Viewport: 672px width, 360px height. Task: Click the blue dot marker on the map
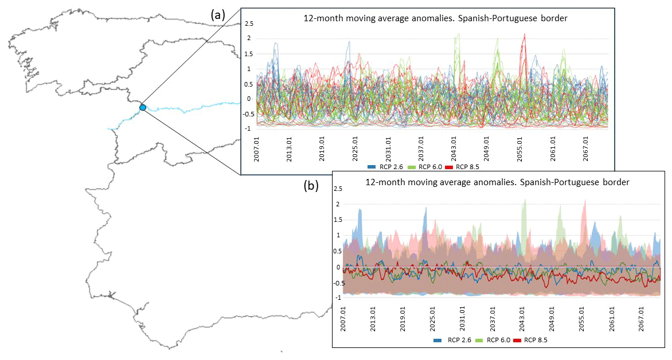point(143,107)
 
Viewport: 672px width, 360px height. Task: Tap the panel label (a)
point(218,15)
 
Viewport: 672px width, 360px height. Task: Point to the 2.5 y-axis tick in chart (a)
point(249,24)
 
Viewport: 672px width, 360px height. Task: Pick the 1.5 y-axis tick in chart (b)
point(338,220)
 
